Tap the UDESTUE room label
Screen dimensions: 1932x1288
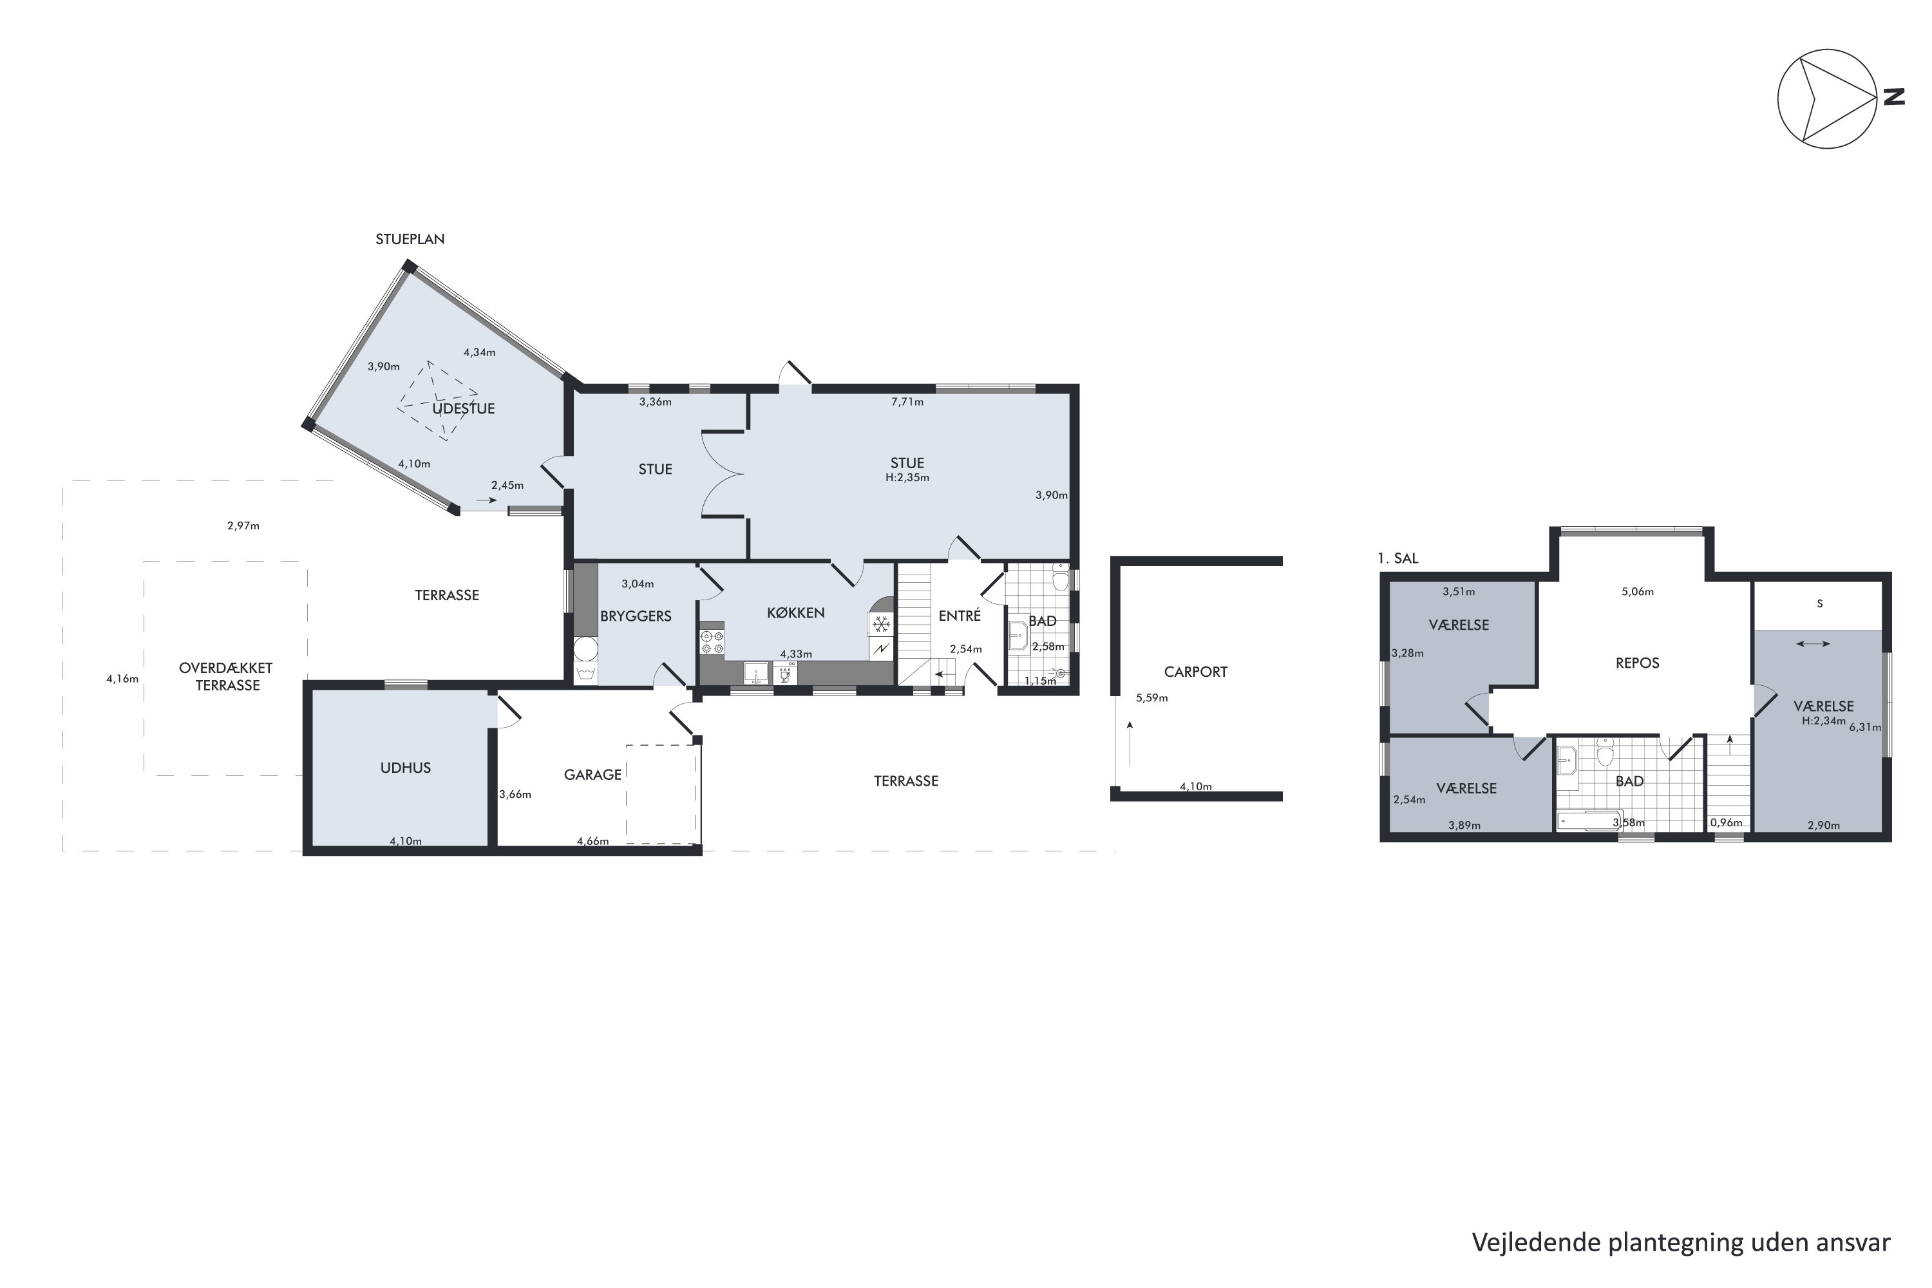pyautogui.click(x=463, y=408)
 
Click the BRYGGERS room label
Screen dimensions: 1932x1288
pyautogui.click(x=636, y=616)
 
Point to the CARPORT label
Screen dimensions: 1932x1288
pyautogui.click(x=1195, y=672)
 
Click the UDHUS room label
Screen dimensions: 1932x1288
pyautogui.click(x=405, y=768)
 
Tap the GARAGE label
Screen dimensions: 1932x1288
pyautogui.click(x=592, y=775)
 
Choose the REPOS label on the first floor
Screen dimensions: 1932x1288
pyautogui.click(x=1637, y=663)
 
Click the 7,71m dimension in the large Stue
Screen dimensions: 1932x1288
pyautogui.click(x=907, y=402)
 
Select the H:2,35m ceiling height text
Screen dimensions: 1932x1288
pyautogui.click(x=907, y=477)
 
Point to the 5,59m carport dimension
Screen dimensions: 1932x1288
pyautogui.click(x=1151, y=698)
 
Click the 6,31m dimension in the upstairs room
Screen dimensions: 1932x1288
pyautogui.click(x=1864, y=727)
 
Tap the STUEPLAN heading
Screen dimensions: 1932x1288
pyautogui.click(x=410, y=239)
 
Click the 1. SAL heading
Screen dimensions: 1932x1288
pyautogui.click(x=1398, y=558)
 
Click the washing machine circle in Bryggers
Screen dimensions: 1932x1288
pyautogui.click(x=585, y=650)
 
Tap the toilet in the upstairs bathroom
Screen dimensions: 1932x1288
pyautogui.click(x=1605, y=752)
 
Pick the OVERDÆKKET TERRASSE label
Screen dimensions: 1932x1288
pyautogui.click(x=226, y=677)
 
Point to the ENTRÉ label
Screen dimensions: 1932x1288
pyautogui.click(x=960, y=616)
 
